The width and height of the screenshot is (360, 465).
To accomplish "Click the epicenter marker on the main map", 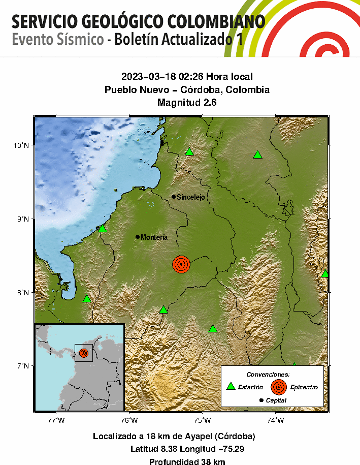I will pos(181,264).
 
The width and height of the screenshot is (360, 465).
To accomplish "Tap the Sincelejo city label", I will pos(190,197).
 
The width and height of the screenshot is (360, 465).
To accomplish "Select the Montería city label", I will pos(154,237).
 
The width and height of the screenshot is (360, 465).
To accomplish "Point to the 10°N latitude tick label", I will pos(22,145).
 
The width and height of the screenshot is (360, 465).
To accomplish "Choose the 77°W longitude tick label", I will pos(56,420).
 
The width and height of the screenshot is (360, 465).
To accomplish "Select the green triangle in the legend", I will pos(231,387).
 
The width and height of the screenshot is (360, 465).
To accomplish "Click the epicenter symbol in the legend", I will pos(278,387).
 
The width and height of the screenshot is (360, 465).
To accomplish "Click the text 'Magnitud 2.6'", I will pos(187,102).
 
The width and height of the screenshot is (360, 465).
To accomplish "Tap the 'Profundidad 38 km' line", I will pos(187,462).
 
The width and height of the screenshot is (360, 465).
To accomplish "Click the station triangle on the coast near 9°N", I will pos(103,228).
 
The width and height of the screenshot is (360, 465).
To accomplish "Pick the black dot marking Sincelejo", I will pos(174,197).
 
